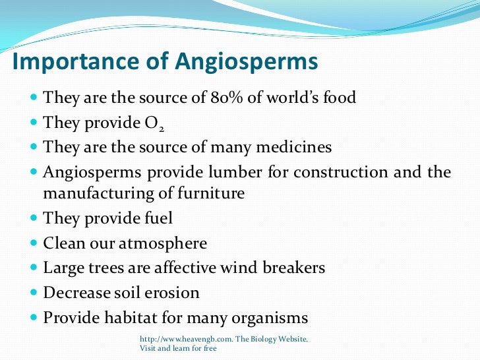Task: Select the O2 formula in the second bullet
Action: click(x=150, y=123)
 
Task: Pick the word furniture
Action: click(x=212, y=194)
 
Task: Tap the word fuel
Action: click(x=157, y=218)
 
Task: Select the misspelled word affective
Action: click(x=195, y=268)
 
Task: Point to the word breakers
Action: click(x=294, y=268)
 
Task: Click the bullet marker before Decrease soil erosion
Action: click(x=34, y=293)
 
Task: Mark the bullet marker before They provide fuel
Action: click(x=34, y=218)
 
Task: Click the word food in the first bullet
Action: click(x=338, y=98)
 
